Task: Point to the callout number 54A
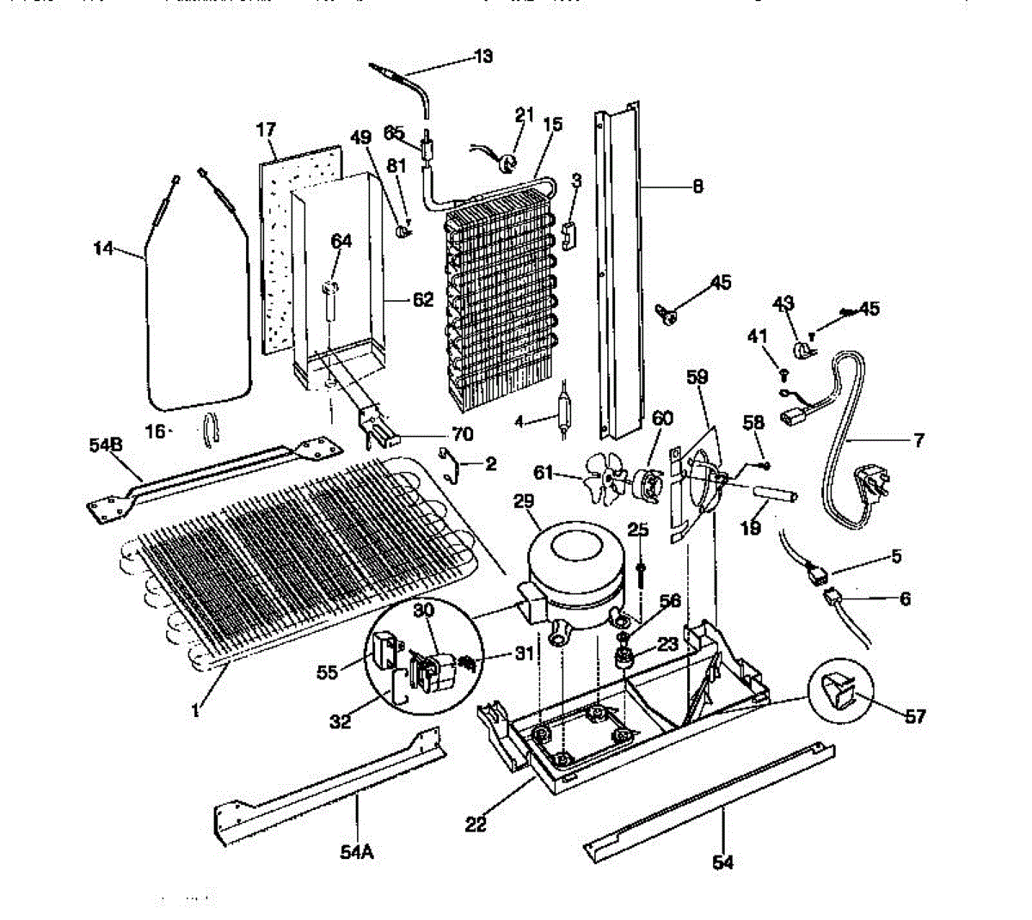click(x=356, y=852)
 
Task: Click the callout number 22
click(x=476, y=824)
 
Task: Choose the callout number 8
click(x=697, y=186)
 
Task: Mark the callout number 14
click(x=104, y=248)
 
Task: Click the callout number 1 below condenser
click(x=196, y=710)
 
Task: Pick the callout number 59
click(x=697, y=375)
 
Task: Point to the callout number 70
click(x=463, y=435)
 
